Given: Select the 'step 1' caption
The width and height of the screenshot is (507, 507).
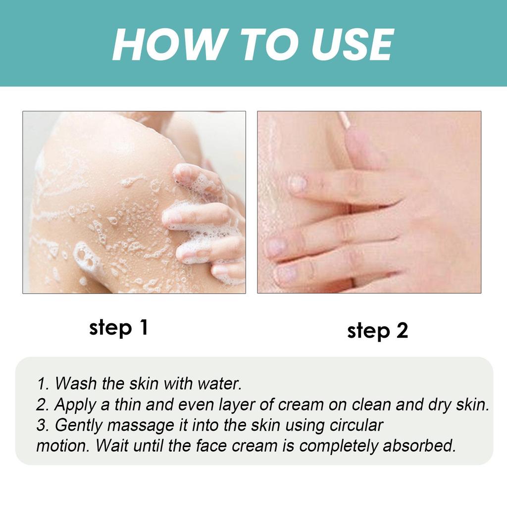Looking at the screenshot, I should coord(118,328).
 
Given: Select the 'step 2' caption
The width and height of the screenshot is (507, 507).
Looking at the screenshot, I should coord(377,331).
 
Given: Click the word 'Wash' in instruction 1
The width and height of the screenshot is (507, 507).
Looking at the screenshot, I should coord(76,383).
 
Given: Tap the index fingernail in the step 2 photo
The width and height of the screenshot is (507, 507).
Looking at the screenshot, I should coord(298,184).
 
